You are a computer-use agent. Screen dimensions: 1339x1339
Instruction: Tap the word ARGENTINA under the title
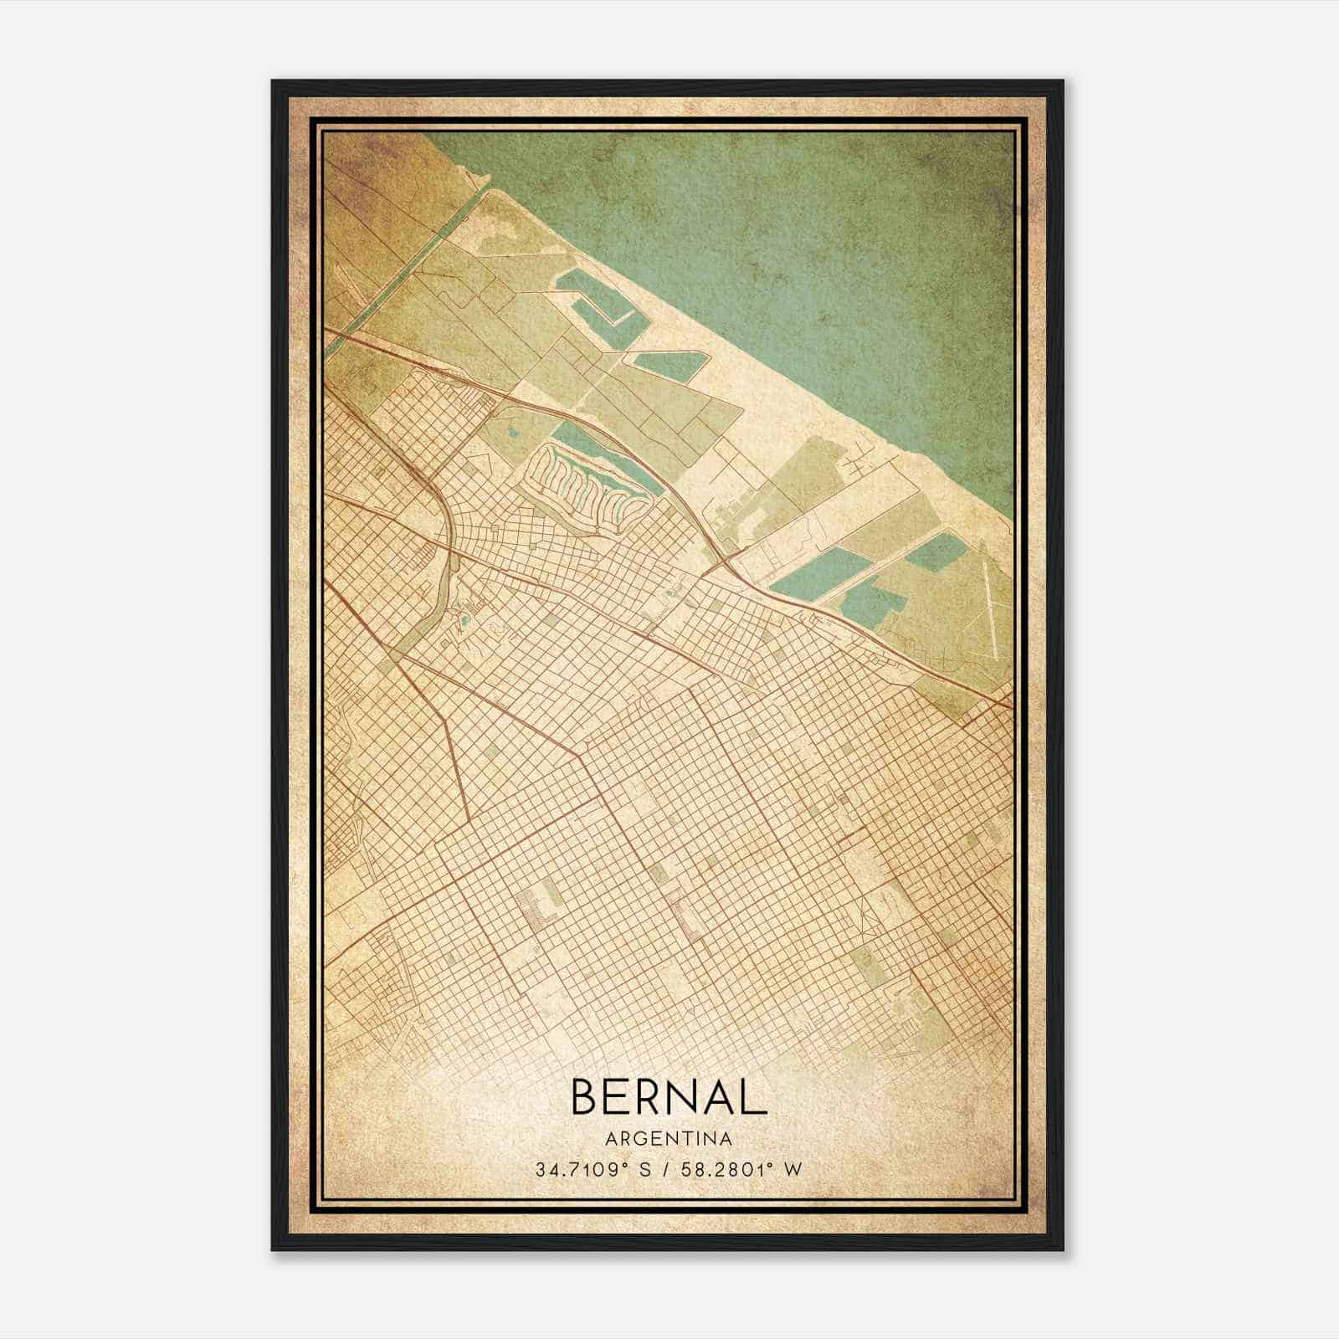[669, 1139]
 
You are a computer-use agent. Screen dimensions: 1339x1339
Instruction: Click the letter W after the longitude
[792, 1169]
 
